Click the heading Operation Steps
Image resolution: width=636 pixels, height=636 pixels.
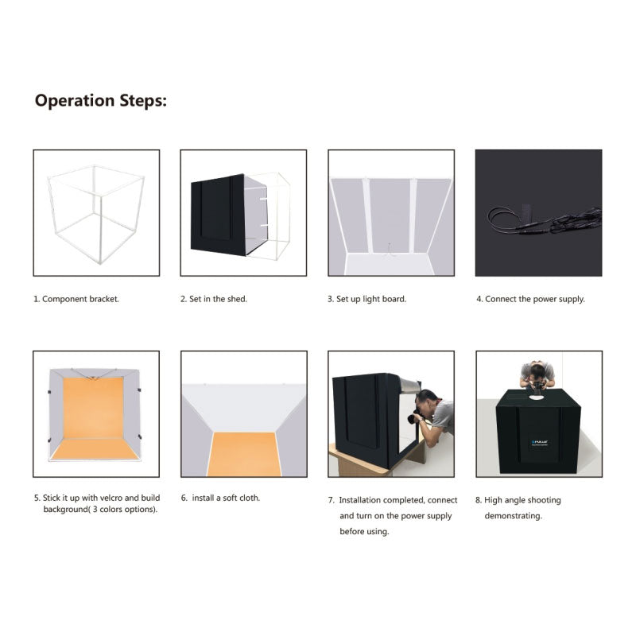coord(101,101)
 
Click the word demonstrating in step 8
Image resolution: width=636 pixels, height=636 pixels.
coord(513,516)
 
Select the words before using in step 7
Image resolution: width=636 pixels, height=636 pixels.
coord(364,531)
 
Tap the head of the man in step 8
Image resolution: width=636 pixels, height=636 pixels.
coord(537,370)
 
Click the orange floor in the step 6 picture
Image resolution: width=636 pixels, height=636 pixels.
coord(244,454)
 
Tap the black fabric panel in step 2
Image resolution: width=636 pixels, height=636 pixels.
coord(218,215)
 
